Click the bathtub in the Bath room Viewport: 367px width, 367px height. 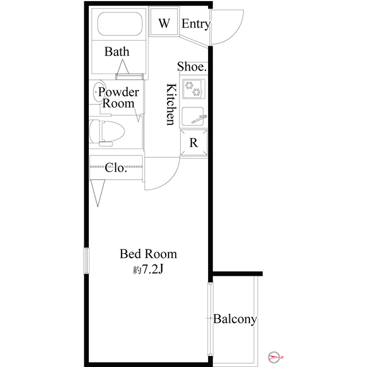(x=120, y=24)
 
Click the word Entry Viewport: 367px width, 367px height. (x=196, y=24)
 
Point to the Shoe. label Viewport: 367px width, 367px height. (x=192, y=67)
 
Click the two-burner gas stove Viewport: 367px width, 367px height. (x=194, y=89)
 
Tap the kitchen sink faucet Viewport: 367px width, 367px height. (x=199, y=119)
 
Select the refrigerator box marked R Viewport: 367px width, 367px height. (x=194, y=143)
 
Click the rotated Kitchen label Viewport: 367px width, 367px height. (x=171, y=104)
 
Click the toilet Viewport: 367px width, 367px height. (x=107, y=132)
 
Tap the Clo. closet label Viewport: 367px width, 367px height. (x=116, y=167)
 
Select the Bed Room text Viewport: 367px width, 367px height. (x=149, y=254)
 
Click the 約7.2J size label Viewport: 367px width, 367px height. (x=148, y=270)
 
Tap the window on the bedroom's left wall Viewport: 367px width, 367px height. (x=87, y=260)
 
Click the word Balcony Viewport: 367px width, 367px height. (x=235, y=319)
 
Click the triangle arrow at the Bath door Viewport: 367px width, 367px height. (x=123, y=67)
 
